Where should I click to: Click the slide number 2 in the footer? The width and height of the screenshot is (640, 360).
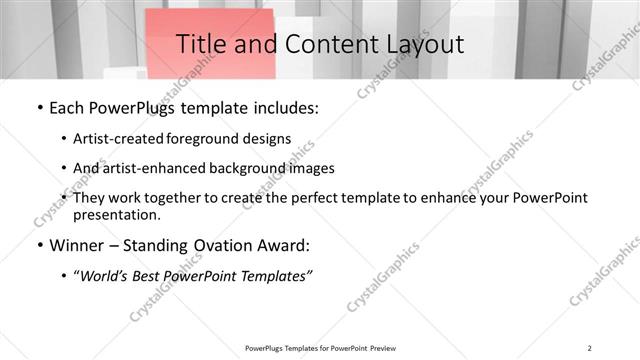[x=590, y=347]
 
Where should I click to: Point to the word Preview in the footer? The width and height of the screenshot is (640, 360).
[x=378, y=347]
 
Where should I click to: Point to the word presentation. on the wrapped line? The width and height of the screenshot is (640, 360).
[x=116, y=214]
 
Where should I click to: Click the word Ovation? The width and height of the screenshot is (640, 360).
[x=218, y=246]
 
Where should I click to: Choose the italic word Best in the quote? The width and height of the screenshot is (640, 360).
[x=150, y=276]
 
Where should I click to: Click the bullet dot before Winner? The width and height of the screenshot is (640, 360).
[x=38, y=246]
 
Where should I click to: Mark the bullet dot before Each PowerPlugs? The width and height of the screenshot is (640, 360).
[x=38, y=108]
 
